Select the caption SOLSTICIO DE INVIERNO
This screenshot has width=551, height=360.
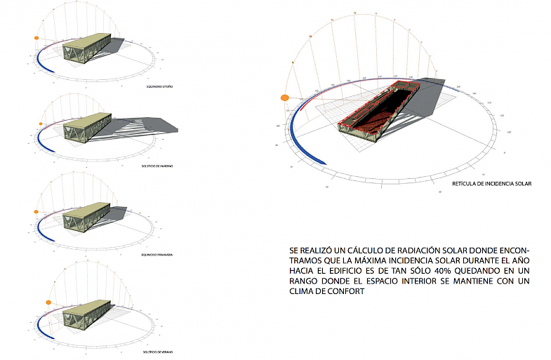[x=158, y=166]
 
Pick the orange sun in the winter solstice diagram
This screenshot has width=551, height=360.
[x=41, y=125]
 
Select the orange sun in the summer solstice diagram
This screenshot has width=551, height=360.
[x=48, y=302]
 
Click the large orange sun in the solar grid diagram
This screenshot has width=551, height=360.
[x=285, y=98]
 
